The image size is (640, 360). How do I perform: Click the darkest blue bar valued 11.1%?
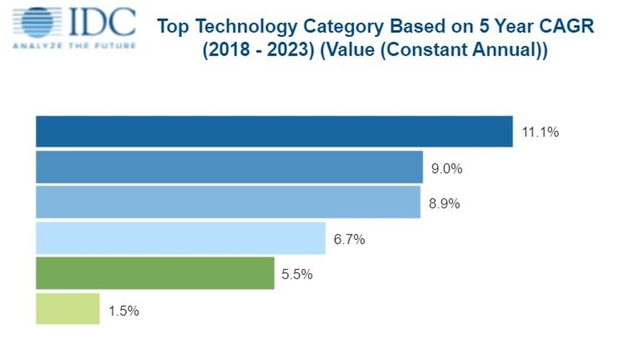[274, 132]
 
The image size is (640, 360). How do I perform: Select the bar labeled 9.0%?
[229, 167]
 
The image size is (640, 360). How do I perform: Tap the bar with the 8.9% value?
[228, 202]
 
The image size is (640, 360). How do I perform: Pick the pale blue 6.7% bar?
[180, 238]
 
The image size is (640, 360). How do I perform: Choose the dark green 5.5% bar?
[155, 273]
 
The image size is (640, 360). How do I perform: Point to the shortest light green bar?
[68, 309]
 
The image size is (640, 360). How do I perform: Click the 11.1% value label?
[540, 132]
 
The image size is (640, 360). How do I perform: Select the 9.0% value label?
[446, 168]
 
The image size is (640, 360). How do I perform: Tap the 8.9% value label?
[444, 204]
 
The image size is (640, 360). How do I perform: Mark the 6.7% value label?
[349, 239]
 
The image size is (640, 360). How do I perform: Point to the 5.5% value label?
[297, 274]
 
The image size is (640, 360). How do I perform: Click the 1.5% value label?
[124, 311]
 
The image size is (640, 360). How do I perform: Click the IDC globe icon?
[38, 22]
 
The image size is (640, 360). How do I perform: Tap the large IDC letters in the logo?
[102, 22]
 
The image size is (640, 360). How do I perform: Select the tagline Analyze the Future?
[74, 46]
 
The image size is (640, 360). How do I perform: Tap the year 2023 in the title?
[291, 50]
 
